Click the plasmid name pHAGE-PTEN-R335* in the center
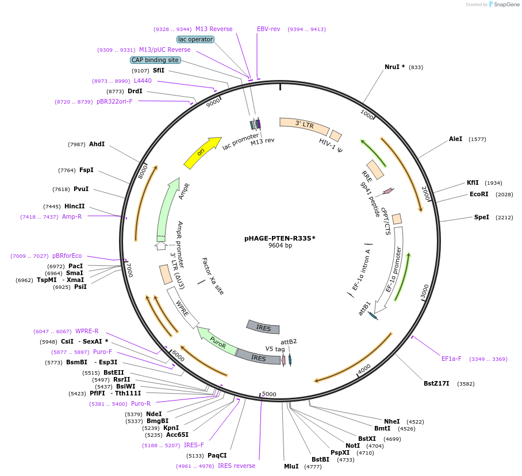pyautogui.click(x=280, y=238)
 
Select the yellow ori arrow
pyautogui.click(x=202, y=153)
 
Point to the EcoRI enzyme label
pyautogui.click(x=479, y=194)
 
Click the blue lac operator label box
pyautogui.click(x=195, y=40)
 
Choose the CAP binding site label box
pyautogui.click(x=155, y=60)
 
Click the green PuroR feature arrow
pyautogui.click(x=216, y=341)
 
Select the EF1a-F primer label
pyautogui.click(x=451, y=359)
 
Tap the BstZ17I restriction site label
pyautogui.click(x=436, y=383)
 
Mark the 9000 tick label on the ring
pyautogui.click(x=213, y=103)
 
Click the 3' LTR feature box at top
pyautogui.click(x=304, y=124)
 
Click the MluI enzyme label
pyautogui.click(x=291, y=466)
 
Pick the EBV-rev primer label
pyautogui.click(x=268, y=29)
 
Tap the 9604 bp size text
pyautogui.click(x=280, y=246)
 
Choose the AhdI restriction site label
pyautogui.click(x=97, y=144)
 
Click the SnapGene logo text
pyautogui.click(x=505, y=5)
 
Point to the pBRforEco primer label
pyautogui.click(x=67, y=256)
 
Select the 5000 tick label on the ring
pyautogui.click(x=269, y=394)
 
